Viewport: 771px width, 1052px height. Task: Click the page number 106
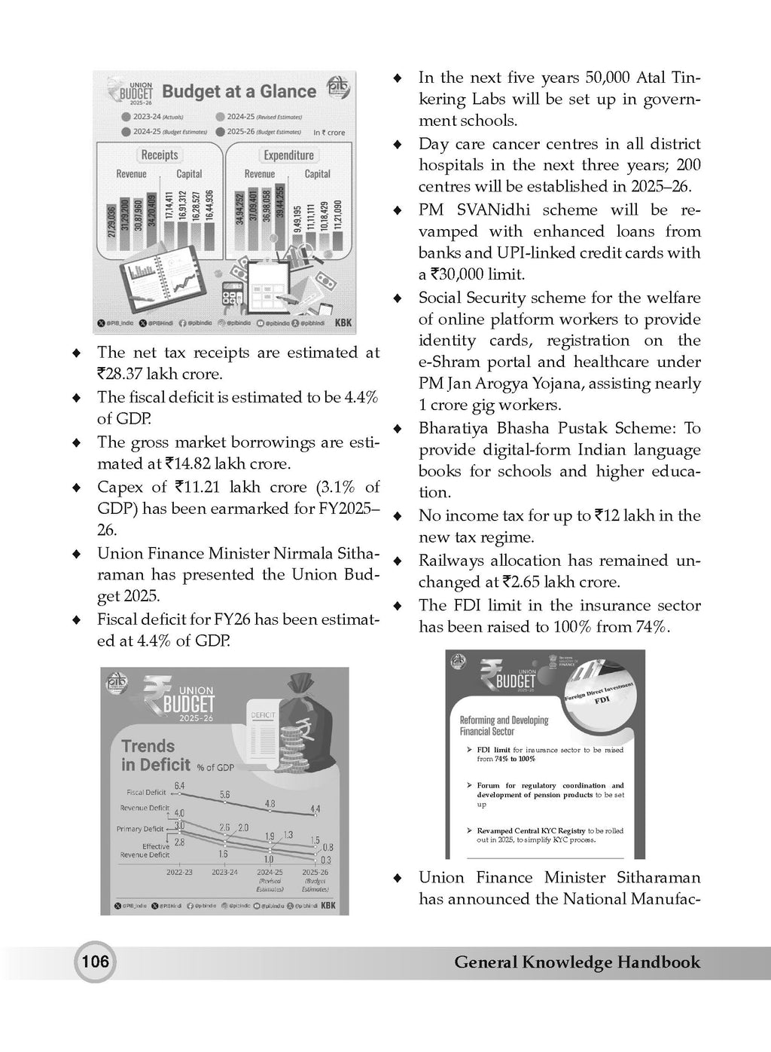tap(95, 962)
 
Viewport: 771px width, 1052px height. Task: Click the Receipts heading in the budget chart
tap(160, 154)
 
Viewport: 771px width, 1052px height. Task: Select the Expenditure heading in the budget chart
tap(288, 155)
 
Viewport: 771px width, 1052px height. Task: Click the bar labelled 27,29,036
tap(112, 230)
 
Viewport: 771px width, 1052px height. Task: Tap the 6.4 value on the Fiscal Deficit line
tap(179, 786)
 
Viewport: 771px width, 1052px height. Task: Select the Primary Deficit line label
tap(140, 829)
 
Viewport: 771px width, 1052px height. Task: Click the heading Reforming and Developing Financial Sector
tap(504, 725)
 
